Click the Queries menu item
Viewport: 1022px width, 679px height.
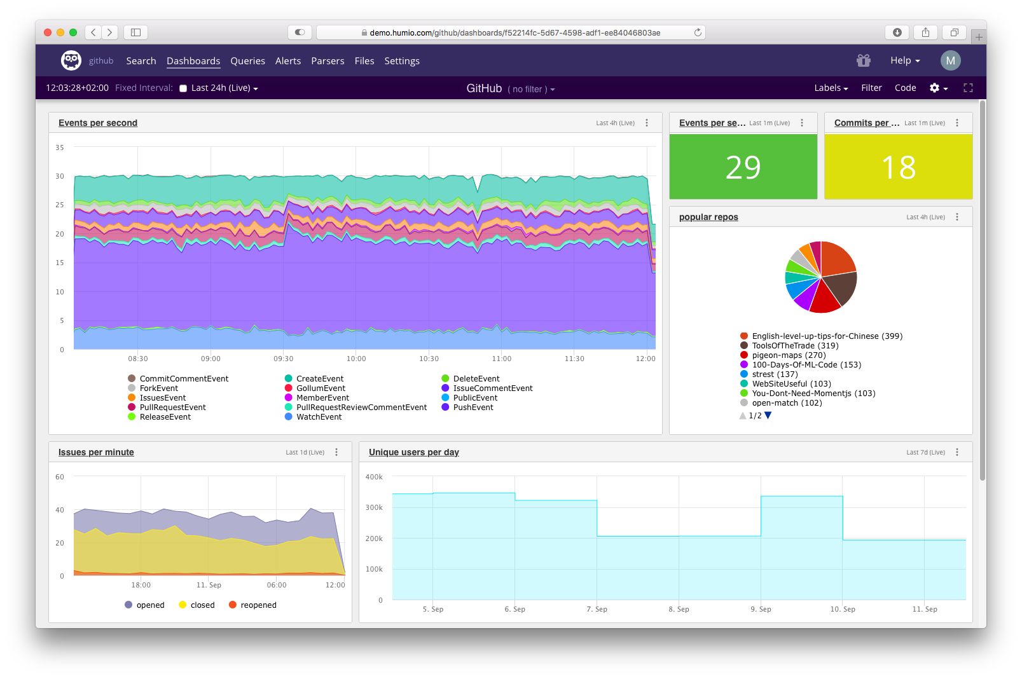coord(247,61)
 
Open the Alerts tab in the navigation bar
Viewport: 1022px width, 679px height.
coord(287,61)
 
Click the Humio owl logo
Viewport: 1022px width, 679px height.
coord(71,60)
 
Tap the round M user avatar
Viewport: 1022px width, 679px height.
coord(950,60)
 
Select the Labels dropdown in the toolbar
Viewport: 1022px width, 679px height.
coord(831,88)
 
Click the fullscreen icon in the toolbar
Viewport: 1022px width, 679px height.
coord(968,88)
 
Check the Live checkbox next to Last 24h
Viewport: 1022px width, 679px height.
coord(183,88)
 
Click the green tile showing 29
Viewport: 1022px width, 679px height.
coord(743,167)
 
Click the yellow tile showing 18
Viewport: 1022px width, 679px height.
coord(898,167)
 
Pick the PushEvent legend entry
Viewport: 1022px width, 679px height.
coord(473,408)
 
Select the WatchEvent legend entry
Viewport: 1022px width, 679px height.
coord(319,417)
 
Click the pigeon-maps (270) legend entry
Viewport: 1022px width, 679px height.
coord(788,355)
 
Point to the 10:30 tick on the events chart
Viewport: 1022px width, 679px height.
coord(429,359)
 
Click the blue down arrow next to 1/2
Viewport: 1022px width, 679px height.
coord(768,415)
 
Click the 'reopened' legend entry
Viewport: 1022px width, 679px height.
coord(258,605)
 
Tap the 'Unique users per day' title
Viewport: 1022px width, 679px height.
coord(413,452)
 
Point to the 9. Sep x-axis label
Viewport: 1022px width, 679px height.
coord(761,609)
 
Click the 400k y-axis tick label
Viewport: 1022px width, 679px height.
coord(374,477)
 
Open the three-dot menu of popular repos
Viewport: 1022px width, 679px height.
coord(956,217)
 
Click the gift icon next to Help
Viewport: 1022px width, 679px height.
coord(863,60)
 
